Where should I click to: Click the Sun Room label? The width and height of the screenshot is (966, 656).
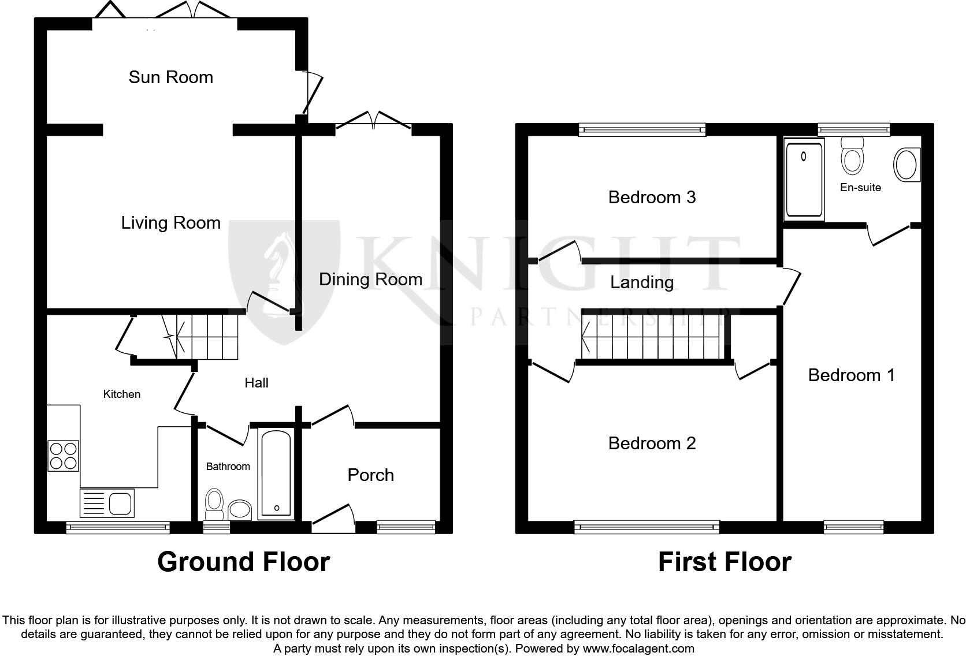click(x=170, y=77)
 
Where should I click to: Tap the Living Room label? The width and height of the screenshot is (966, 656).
click(x=170, y=223)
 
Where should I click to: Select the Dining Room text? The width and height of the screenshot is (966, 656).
click(x=370, y=279)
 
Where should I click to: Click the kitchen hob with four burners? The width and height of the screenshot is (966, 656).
click(x=63, y=456)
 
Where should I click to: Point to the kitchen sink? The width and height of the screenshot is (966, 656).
click(x=107, y=503)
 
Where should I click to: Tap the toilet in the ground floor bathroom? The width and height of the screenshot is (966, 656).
click(x=214, y=504)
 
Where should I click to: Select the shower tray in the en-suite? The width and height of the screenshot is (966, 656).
click(x=804, y=180)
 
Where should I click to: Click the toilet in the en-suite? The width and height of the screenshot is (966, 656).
click(x=852, y=156)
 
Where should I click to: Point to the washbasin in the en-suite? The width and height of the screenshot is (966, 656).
click(x=906, y=165)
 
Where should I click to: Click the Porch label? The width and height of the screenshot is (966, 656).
click(x=370, y=475)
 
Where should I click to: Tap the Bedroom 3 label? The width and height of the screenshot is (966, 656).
click(x=652, y=197)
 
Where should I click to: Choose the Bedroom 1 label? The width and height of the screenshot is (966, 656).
click(x=851, y=375)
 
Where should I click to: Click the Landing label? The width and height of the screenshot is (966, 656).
click(x=642, y=282)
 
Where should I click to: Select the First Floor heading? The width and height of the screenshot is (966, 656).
click(x=724, y=562)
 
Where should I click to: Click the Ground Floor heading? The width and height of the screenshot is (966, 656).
click(x=243, y=562)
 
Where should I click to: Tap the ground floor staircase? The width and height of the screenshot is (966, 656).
click(x=202, y=337)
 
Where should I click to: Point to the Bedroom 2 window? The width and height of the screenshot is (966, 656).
click(x=647, y=526)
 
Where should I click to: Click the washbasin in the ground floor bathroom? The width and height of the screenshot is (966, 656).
click(x=240, y=510)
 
